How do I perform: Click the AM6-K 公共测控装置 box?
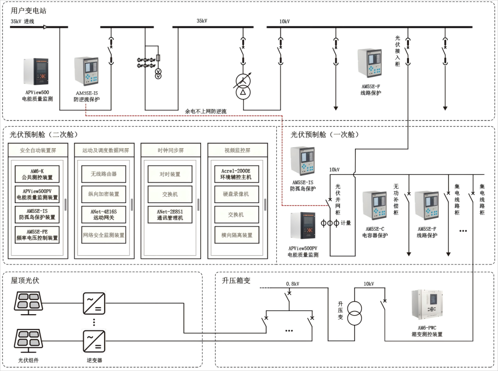click(x=37, y=174)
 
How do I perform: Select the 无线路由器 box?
click(x=104, y=174)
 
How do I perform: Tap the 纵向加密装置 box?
click(x=104, y=194)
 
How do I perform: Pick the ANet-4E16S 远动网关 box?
click(x=104, y=215)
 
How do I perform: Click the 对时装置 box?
click(x=170, y=174)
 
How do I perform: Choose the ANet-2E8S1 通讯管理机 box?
click(x=170, y=215)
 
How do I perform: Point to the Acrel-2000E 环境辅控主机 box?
click(x=237, y=174)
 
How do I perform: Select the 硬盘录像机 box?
click(x=237, y=194)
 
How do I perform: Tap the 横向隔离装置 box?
click(x=237, y=235)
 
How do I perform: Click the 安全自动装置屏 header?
click(x=37, y=150)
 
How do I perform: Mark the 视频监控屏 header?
click(x=237, y=150)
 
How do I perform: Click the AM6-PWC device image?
click(x=427, y=305)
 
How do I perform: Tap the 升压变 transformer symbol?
click(x=354, y=314)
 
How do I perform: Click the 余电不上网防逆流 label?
click(x=206, y=111)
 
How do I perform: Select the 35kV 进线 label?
click(x=22, y=21)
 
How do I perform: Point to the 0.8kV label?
click(x=292, y=284)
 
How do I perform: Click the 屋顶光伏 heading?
click(x=25, y=280)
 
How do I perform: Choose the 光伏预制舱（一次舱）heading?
click(x=324, y=135)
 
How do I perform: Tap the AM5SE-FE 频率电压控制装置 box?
click(x=37, y=235)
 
